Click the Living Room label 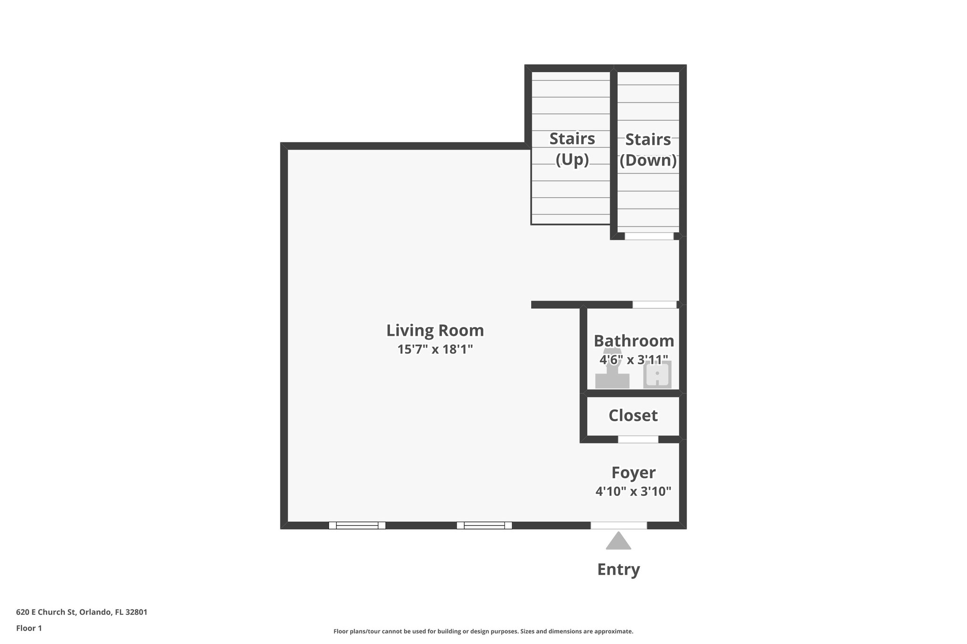[x=435, y=330]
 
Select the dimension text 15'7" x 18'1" [x=435, y=350]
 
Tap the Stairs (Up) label [x=572, y=149]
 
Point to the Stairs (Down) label [x=648, y=150]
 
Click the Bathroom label [x=634, y=341]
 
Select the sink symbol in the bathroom [x=657, y=376]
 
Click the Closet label [x=633, y=416]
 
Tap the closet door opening [x=638, y=439]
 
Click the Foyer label [x=633, y=472]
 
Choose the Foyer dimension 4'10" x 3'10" [x=633, y=492]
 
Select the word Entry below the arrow [x=619, y=569]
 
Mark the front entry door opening [x=619, y=525]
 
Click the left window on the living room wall [x=357, y=525]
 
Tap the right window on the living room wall [x=484, y=525]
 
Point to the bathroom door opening [x=654, y=305]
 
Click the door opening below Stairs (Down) [x=649, y=236]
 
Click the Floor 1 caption [x=29, y=628]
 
